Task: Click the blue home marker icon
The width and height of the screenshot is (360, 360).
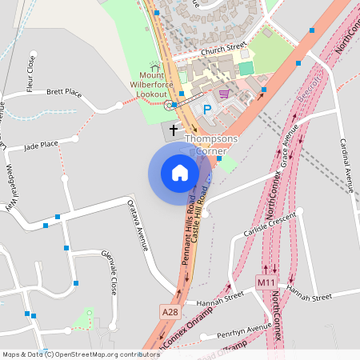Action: pos(180,172)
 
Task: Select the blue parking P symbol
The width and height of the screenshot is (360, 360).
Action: pos(207,109)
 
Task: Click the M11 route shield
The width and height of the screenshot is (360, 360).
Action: pos(266,283)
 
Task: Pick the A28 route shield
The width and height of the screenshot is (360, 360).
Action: pos(169,311)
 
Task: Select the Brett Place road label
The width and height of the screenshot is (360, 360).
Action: pos(64,93)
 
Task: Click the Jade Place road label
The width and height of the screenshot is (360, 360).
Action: pos(42,146)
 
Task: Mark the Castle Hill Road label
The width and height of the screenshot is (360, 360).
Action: pos(202,215)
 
